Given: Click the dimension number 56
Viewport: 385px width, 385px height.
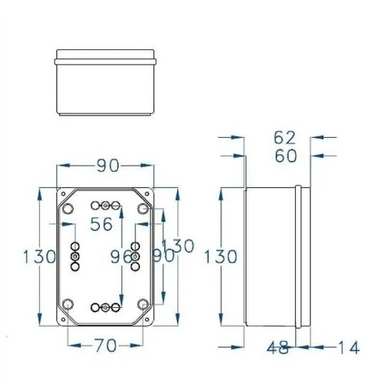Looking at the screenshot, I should (102, 224).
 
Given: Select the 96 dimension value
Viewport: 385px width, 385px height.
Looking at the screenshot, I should (122, 256).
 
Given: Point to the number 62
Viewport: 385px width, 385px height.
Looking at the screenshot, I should (284, 138).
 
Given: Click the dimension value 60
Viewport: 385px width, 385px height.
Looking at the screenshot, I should (284, 156).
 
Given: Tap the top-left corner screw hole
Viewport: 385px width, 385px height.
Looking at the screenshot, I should (67, 209).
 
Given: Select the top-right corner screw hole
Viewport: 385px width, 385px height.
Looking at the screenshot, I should (142, 209).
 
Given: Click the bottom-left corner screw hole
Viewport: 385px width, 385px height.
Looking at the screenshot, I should (67, 303).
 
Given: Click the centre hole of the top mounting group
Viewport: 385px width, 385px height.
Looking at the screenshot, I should (105, 206).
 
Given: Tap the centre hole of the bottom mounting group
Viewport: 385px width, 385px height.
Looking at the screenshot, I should (105, 308).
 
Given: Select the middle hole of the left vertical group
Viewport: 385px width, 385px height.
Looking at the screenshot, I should (75, 255).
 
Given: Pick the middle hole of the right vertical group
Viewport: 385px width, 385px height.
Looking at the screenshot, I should (135, 255).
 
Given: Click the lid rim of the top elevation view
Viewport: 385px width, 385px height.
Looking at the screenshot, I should (106, 57).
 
